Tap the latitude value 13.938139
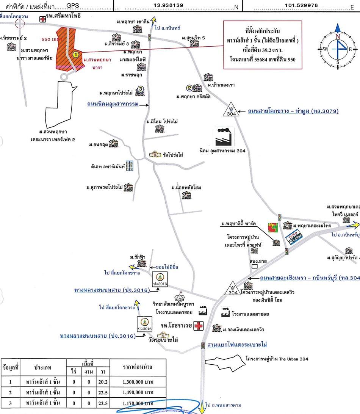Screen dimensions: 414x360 [x=174, y=5]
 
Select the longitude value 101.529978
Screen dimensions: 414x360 [x=302, y=5]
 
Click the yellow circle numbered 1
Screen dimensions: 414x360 [x=75, y=55]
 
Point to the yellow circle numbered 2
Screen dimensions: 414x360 [x=189, y=88]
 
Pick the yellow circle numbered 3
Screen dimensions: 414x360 [x=140, y=89]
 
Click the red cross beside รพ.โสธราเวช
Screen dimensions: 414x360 [x=198, y=326]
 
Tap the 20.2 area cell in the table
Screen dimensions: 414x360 [x=103, y=381]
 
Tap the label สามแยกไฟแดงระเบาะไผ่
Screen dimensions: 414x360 [x=237, y=345]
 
